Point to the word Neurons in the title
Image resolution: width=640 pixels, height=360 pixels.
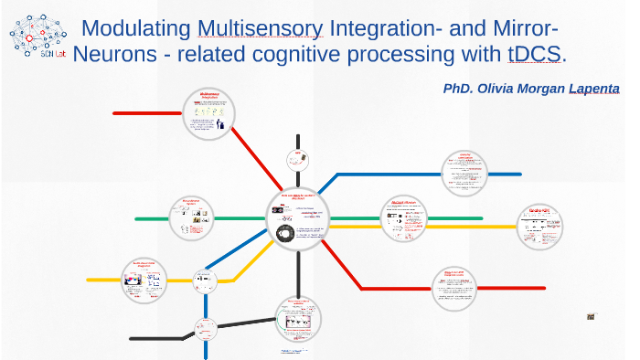click(x=112, y=54)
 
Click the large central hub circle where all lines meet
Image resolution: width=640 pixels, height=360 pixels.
click(x=300, y=222)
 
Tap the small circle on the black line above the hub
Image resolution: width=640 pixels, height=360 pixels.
click(x=297, y=158)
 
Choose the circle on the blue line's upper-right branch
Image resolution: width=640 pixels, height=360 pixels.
click(x=464, y=172)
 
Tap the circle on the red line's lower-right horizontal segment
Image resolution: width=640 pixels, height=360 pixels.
click(x=453, y=288)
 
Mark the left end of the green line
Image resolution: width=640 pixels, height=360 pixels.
click(x=136, y=219)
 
